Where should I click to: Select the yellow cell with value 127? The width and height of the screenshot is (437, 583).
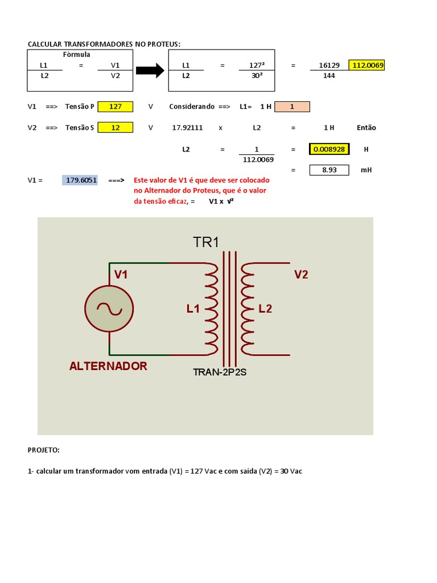click(x=116, y=106)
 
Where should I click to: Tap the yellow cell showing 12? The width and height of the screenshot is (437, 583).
click(x=116, y=128)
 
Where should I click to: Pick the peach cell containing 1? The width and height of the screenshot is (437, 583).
click(x=292, y=106)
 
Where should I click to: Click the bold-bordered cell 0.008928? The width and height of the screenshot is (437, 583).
click(x=329, y=149)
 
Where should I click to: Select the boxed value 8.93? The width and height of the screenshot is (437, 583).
click(x=329, y=170)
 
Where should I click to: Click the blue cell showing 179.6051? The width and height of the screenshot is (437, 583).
click(x=81, y=180)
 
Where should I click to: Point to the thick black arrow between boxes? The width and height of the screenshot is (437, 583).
click(x=150, y=71)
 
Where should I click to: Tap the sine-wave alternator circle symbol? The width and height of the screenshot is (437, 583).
click(x=109, y=309)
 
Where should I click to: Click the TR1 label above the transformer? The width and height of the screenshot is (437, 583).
click(x=206, y=242)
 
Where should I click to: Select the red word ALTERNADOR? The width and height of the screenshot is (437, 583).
click(x=108, y=366)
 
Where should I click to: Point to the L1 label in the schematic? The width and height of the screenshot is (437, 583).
click(x=193, y=309)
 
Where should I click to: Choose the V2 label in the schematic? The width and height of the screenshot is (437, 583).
click(x=301, y=275)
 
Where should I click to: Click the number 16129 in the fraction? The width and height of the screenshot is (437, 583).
click(x=329, y=65)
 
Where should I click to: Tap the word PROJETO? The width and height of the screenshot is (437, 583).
click(x=43, y=450)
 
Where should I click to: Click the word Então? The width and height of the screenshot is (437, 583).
click(x=366, y=128)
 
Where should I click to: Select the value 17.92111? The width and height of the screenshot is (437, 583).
click(x=187, y=128)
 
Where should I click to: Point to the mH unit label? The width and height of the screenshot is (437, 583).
click(x=366, y=170)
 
